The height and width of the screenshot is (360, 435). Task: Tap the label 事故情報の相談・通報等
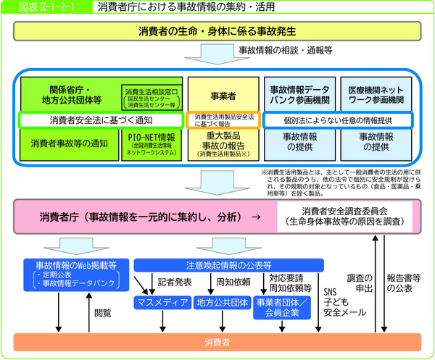click(x=284, y=52)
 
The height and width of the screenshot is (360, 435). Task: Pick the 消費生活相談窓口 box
click(x=152, y=97)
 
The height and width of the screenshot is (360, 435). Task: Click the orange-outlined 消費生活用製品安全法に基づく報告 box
click(x=223, y=120)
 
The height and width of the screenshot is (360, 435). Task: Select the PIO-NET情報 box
click(x=152, y=143)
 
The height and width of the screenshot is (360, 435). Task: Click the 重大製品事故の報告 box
click(x=223, y=143)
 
